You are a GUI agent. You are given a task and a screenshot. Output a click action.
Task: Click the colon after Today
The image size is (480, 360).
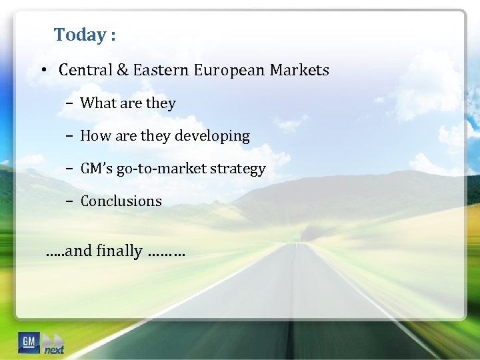point(113,36)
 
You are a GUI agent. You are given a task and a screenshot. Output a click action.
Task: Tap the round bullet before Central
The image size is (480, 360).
point(42,70)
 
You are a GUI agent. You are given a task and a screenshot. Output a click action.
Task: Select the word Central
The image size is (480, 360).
point(83,70)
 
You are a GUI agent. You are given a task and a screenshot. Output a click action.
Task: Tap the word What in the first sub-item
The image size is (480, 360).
point(97,103)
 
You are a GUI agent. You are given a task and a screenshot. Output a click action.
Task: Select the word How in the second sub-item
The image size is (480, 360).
point(95,136)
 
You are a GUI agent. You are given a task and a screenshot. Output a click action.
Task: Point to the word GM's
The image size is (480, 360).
point(97,169)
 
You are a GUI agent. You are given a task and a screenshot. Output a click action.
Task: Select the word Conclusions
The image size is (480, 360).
point(121,201)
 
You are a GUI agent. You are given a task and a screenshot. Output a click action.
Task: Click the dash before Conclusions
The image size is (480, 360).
point(70,201)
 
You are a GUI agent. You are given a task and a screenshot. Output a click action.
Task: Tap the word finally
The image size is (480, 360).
point(119,251)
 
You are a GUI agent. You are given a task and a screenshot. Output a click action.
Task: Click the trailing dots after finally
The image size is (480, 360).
point(167,254)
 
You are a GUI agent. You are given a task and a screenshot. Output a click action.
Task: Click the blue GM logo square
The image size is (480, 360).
point(29,342)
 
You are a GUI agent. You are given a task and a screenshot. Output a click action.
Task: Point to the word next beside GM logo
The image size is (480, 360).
point(54,349)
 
